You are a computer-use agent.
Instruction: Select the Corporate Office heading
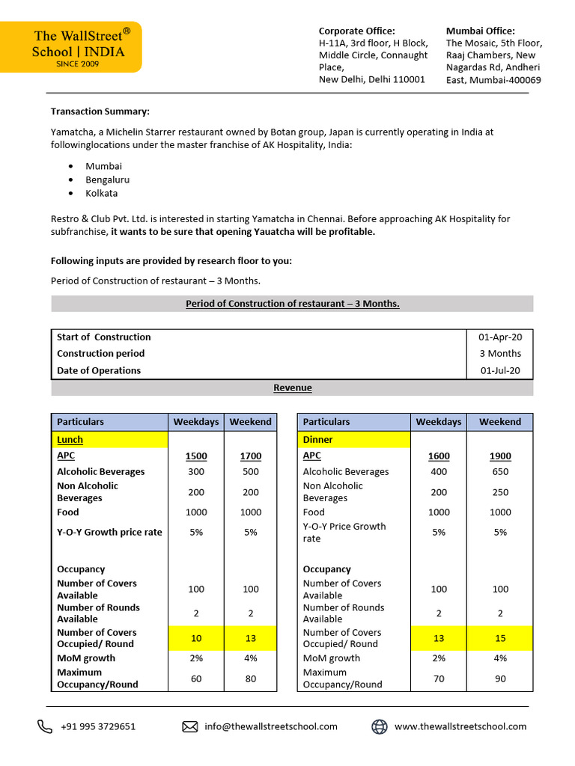(357, 31)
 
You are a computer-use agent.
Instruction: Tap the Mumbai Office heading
(481, 31)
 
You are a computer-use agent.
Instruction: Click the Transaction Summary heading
(100, 111)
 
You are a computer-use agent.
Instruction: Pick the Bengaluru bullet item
(108, 180)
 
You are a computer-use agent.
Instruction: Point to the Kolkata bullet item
(102, 193)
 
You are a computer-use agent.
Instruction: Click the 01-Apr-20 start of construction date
(501, 337)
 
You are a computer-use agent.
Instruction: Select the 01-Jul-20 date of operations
(501, 370)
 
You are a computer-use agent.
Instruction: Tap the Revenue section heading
(292, 387)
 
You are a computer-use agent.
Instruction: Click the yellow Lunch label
(70, 440)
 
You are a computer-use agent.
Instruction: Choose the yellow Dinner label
(318, 440)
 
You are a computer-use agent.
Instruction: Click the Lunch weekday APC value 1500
(196, 456)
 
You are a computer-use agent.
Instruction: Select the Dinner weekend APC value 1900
(500, 456)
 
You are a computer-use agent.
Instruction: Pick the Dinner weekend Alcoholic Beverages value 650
(500, 472)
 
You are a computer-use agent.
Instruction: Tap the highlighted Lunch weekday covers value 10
(196, 638)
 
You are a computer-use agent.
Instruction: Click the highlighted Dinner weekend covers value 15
(500, 638)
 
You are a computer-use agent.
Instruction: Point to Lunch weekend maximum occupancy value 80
(251, 678)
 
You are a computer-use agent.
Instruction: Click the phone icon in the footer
(45, 726)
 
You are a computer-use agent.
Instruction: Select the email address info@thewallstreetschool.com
(271, 726)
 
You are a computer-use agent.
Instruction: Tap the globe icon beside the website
(380, 726)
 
